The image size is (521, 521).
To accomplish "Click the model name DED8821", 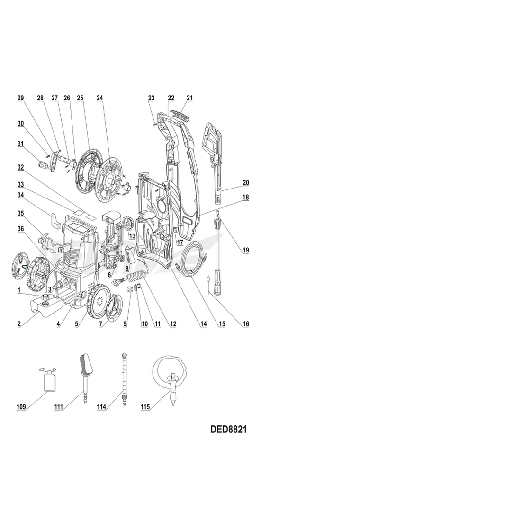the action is [228, 429].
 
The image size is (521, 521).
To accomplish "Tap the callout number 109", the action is [21, 407].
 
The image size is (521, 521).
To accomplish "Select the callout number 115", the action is [145, 407].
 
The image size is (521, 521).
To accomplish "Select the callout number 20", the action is [245, 183].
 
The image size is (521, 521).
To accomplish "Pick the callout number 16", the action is [245, 324].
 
